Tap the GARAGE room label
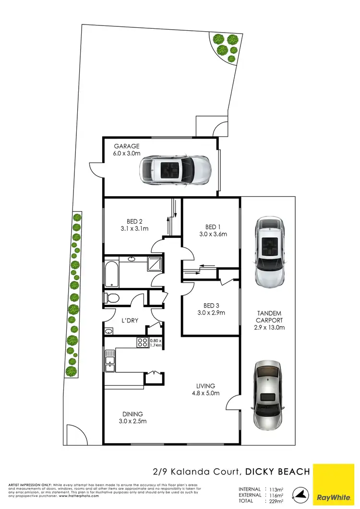coord(126,146)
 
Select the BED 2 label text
coord(134,221)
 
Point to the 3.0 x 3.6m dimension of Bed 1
coord(212,235)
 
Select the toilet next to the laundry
coord(111,298)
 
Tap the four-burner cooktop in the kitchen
coord(143,343)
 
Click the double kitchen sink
coord(109,361)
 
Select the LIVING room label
coord(205,386)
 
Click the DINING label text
coord(132,414)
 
